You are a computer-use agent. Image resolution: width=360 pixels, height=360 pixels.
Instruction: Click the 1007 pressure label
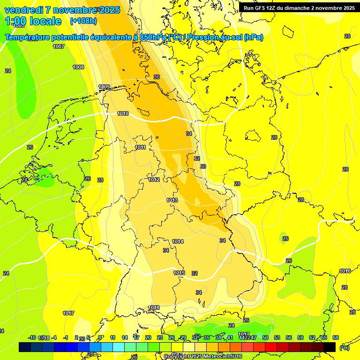(59, 46)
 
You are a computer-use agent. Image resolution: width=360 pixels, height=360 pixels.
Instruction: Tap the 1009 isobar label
(104, 87)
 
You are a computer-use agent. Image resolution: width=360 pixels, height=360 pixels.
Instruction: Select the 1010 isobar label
(123, 114)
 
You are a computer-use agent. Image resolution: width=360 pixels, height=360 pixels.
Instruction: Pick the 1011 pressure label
(140, 148)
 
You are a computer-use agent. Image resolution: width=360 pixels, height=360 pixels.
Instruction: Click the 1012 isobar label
(154, 180)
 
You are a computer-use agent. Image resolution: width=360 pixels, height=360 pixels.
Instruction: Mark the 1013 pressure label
(172, 201)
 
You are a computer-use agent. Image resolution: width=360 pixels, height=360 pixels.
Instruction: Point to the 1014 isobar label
(178, 241)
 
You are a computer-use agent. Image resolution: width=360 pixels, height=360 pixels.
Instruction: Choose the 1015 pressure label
(179, 273)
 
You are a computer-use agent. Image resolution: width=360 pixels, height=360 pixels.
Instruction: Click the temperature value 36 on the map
(157, 77)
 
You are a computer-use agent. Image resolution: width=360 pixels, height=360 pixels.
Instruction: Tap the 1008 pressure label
(78, 67)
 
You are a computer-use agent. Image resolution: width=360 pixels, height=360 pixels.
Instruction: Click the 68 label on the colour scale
(336, 337)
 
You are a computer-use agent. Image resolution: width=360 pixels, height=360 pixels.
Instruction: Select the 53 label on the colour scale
(277, 337)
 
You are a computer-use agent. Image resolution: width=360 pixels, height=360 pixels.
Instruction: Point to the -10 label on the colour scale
(32, 337)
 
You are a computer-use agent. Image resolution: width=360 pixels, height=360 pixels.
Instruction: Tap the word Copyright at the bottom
(178, 357)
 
